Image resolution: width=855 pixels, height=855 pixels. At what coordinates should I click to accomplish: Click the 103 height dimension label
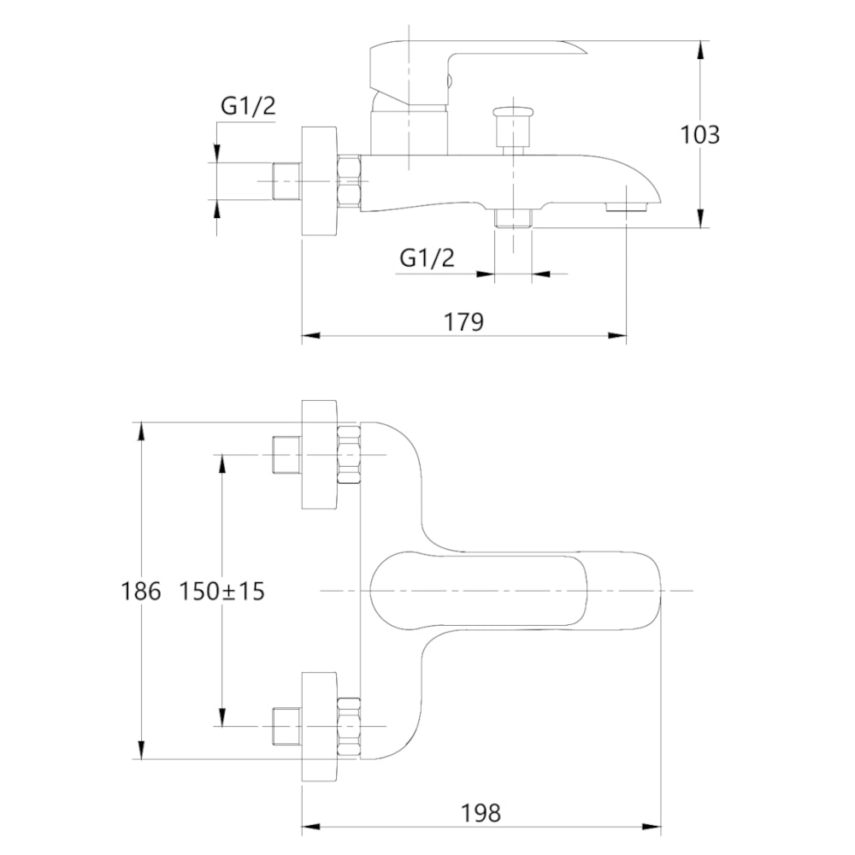pyautogui.click(x=699, y=135)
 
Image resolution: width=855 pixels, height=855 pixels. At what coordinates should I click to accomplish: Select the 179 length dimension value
pyautogui.click(x=463, y=321)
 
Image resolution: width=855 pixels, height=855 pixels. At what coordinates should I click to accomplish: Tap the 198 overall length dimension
pyautogui.click(x=482, y=813)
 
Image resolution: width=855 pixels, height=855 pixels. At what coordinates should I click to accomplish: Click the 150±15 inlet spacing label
pyautogui.click(x=221, y=591)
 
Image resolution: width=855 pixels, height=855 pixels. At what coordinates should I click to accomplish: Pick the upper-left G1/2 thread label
pyautogui.click(x=248, y=106)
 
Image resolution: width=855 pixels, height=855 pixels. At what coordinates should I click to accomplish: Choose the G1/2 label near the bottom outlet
pyautogui.click(x=427, y=257)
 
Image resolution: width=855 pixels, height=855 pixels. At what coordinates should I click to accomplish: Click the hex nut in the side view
pyautogui.click(x=350, y=181)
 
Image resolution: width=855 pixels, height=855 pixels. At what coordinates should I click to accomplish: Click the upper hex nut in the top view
pyautogui.click(x=350, y=453)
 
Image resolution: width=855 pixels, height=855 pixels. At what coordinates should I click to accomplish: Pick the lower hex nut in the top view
pyautogui.click(x=350, y=726)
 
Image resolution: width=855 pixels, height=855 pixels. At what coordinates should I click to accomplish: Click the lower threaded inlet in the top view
pyautogui.click(x=285, y=726)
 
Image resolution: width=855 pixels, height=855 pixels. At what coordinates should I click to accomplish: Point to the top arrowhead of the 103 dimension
pyautogui.click(x=701, y=49)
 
